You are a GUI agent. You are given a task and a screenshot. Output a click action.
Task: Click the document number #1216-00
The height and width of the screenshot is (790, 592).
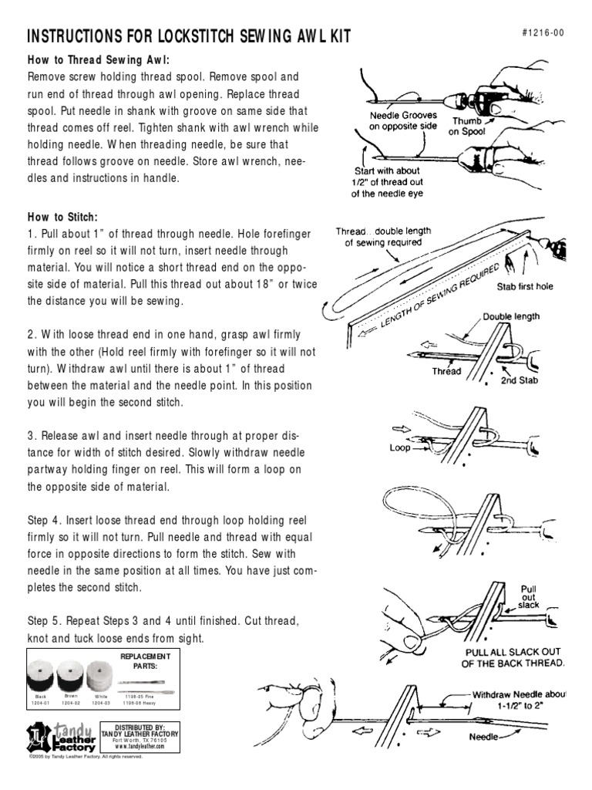pyautogui.click(x=544, y=35)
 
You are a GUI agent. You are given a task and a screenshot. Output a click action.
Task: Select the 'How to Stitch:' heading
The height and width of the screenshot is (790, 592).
pyautogui.click(x=63, y=218)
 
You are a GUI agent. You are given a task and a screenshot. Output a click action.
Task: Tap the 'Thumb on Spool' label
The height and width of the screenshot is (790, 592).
pyautogui.click(x=469, y=127)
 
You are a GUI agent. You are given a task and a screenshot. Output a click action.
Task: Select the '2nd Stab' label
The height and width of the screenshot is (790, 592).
pyautogui.click(x=520, y=380)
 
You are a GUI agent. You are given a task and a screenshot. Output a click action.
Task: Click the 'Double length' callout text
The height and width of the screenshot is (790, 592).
pyautogui.click(x=511, y=316)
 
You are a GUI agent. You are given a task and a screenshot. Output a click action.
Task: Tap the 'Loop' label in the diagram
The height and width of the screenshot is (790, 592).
pyautogui.click(x=400, y=447)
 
